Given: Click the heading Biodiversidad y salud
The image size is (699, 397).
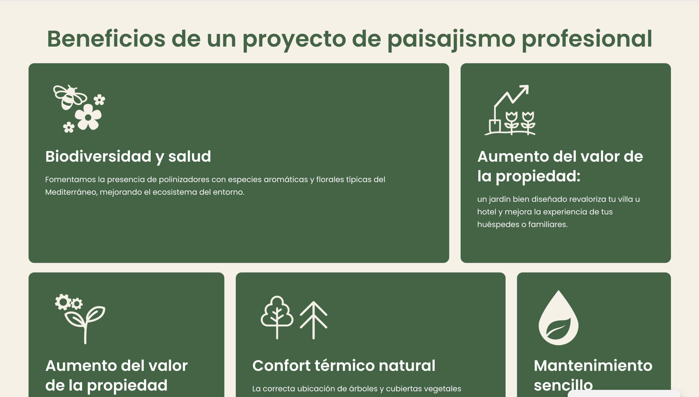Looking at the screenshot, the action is click(x=128, y=157).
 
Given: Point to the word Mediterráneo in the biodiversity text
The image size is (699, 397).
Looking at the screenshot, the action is click(x=71, y=192).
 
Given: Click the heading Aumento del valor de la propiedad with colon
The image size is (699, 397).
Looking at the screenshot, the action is click(x=560, y=166).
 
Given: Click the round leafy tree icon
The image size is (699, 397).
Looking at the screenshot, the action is click(x=277, y=317).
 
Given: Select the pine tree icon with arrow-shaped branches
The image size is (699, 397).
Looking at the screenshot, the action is click(x=313, y=320).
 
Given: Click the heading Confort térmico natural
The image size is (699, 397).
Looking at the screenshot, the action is click(x=344, y=366).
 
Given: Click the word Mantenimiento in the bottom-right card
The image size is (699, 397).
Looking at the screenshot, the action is click(x=593, y=366).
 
